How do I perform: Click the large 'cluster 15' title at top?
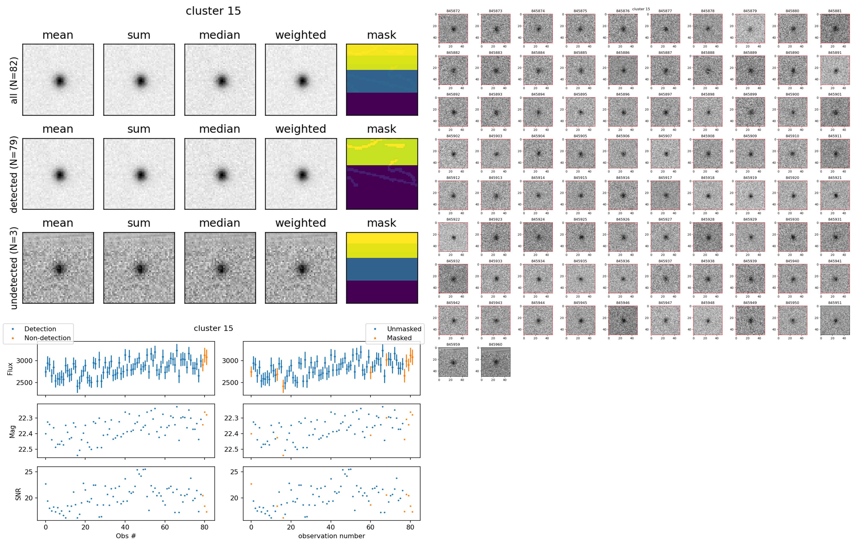coord(213,11)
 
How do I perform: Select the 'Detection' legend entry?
coord(40,329)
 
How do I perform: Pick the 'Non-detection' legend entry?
coord(47,338)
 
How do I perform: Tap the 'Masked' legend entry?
coord(399,338)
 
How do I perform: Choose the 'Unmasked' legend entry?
coord(404,329)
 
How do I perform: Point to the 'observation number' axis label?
coord(331,536)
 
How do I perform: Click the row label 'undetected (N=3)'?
coord(13,268)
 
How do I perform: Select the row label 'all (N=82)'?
coord(13,80)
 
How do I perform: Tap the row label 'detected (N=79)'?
coord(13,174)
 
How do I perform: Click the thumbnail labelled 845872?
coord(453,29)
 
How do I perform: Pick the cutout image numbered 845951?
coord(835,320)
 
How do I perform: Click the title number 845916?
coord(623,178)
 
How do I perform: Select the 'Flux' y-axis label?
coord(10,369)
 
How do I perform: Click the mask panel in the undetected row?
coord(382,268)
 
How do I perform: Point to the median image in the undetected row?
coord(220,268)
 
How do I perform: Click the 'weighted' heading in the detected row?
coord(300,129)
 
